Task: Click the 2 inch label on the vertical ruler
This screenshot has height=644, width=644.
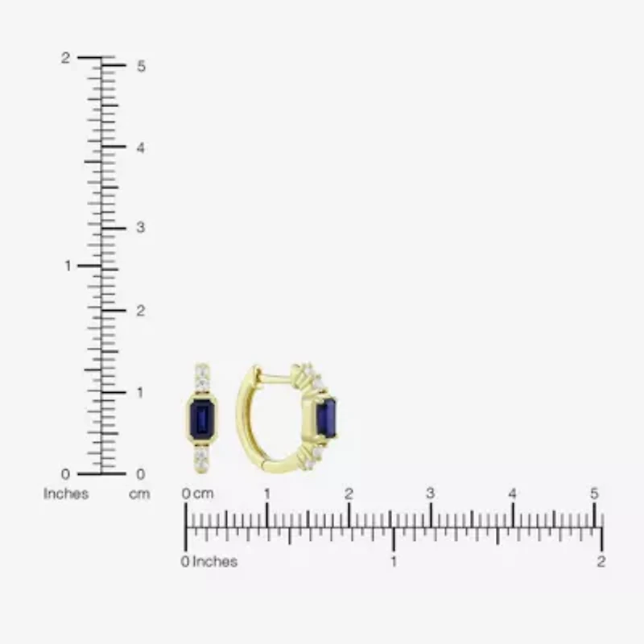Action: coord(66,58)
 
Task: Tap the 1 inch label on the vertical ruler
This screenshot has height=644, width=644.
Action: coord(68,266)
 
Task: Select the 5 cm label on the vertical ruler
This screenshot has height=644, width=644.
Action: coord(140,66)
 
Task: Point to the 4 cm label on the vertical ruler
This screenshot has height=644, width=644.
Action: coord(140,148)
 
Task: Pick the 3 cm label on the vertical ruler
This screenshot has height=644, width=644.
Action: coord(140,229)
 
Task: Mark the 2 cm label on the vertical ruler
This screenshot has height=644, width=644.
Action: coord(140,311)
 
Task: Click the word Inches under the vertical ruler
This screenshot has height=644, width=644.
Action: coord(66,493)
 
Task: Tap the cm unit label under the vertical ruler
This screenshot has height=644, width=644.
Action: coord(139,493)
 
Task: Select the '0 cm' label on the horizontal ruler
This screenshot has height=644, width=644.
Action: coord(198,493)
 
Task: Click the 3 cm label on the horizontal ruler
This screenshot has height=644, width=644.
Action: coord(431,493)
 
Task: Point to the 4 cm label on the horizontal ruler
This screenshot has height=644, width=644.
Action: coord(513,493)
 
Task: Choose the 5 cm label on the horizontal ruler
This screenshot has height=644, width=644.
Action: coord(594,493)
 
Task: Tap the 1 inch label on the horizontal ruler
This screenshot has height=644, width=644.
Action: coord(393,561)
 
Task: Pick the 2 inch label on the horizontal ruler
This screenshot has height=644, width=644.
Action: coord(601,561)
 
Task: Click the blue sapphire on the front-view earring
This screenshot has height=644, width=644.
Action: coord(201,418)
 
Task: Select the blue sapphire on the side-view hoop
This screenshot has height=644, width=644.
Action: coord(326,417)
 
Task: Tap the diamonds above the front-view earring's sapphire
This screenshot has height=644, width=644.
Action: coord(201,377)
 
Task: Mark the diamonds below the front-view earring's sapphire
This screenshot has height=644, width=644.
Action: coord(201,459)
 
